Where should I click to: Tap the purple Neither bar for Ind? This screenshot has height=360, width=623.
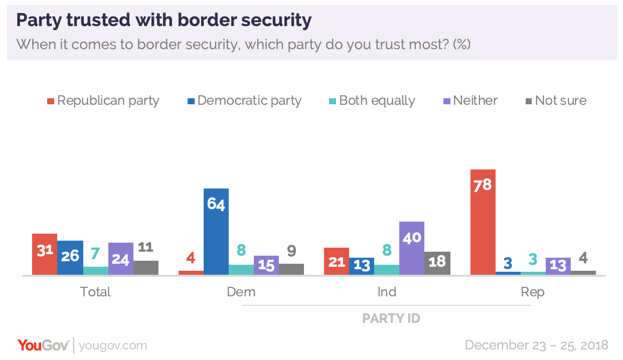tap(412, 248)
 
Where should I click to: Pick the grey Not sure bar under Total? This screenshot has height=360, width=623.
tap(146, 268)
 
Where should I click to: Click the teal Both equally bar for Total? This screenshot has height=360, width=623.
tap(96, 271)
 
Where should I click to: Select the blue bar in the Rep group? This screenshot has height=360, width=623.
tap(508, 273)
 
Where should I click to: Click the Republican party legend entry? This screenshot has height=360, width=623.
tap(103, 101)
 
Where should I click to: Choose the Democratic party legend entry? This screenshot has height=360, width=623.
tap(244, 101)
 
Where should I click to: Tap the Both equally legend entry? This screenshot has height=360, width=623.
tap(372, 101)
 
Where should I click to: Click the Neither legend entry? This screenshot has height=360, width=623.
tap(470, 101)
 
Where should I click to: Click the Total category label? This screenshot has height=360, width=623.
tap(95, 292)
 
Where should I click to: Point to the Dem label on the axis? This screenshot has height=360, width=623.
tap(241, 292)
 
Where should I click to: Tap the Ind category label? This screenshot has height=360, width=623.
tap(387, 292)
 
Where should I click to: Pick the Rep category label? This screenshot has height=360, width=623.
tap(533, 292)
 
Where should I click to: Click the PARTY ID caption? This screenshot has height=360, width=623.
tap(391, 318)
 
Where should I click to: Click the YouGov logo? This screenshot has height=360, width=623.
tap(44, 345)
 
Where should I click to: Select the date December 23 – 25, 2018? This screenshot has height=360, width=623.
tap(536, 345)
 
